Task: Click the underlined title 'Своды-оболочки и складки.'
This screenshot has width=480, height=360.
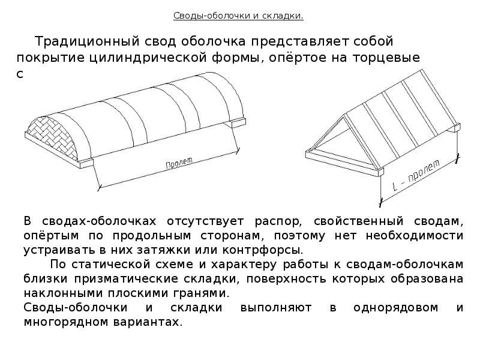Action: point(239,16)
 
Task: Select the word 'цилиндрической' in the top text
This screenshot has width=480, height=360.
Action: point(158,58)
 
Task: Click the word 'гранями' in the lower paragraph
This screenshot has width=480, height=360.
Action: point(206,293)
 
